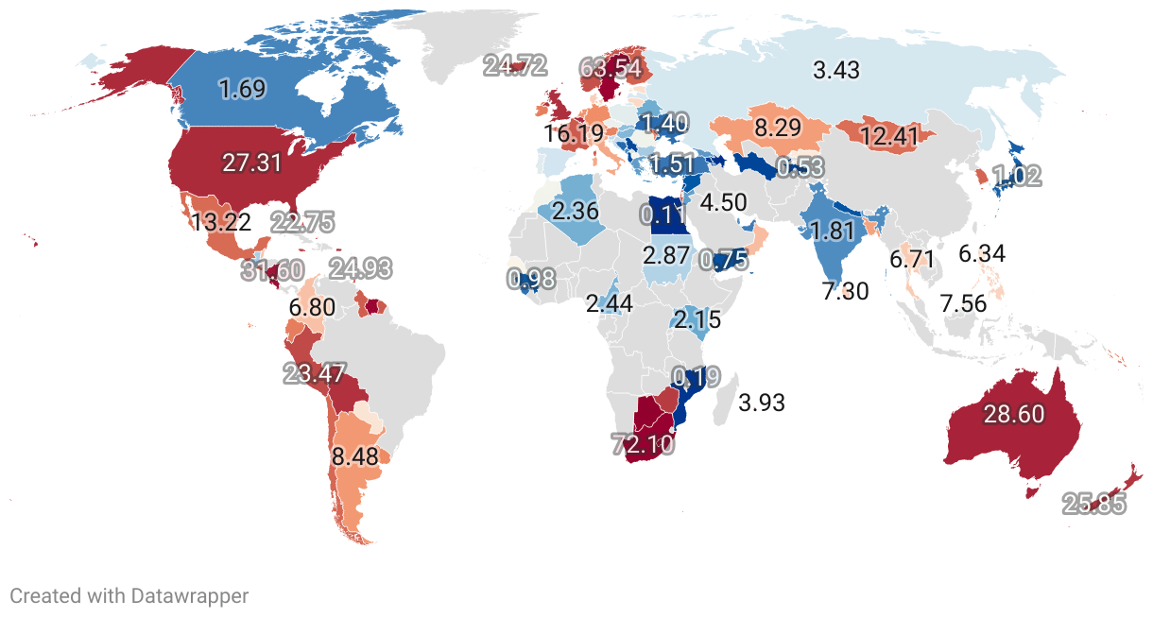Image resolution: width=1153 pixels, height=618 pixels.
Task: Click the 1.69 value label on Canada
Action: pos(243,90)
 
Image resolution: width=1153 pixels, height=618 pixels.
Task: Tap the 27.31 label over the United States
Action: pos(252,162)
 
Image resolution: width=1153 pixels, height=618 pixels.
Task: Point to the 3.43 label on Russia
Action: pos(836,69)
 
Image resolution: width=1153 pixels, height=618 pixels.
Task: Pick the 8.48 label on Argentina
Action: pos(355,457)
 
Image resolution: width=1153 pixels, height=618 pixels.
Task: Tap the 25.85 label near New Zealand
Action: pos(1094,504)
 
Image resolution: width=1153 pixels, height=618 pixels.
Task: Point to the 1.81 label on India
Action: pos(833,230)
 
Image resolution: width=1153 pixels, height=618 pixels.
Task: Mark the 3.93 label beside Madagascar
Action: pos(762,402)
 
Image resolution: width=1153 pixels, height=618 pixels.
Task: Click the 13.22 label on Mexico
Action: pos(221,223)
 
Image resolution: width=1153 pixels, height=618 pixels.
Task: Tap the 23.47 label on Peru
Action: pos(316,372)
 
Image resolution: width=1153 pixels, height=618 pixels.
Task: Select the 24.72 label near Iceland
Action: pos(515,65)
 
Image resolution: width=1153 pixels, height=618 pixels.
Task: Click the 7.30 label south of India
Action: pos(846,291)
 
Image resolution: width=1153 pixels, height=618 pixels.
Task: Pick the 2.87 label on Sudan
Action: pos(666,254)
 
